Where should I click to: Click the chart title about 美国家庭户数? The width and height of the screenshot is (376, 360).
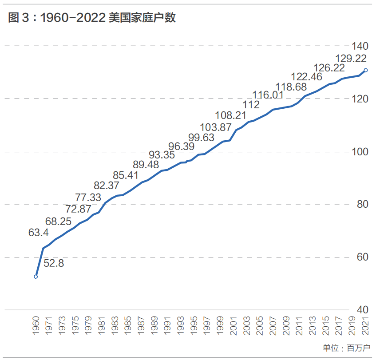click(92, 17)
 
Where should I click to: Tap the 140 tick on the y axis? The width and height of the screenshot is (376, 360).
click(360, 46)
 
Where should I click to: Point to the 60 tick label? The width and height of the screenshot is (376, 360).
click(363, 257)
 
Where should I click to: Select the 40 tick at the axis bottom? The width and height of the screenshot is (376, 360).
click(363, 310)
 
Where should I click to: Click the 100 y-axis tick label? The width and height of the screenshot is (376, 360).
click(360, 151)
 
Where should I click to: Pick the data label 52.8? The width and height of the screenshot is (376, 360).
click(54, 263)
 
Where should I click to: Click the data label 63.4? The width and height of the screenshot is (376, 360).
click(38, 233)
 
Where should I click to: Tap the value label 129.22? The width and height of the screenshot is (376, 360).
click(351, 59)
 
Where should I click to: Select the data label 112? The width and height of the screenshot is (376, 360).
click(251, 105)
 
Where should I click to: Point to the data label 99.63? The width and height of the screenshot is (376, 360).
click(201, 138)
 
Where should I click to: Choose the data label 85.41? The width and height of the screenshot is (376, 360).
click(126, 175)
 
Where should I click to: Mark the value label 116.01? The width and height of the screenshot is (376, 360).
click(268, 95)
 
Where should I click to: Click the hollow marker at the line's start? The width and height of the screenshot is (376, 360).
click(36, 277)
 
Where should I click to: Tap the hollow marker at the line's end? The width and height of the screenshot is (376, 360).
click(366, 70)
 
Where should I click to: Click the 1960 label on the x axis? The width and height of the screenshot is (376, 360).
click(36, 326)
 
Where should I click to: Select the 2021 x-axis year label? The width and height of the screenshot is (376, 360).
click(365, 326)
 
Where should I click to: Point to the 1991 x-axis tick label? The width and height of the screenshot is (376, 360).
click(167, 326)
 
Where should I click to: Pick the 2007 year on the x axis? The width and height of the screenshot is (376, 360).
click(273, 326)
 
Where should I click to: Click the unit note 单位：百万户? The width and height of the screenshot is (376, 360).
click(346, 348)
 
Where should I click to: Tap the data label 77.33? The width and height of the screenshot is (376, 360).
click(88, 198)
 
